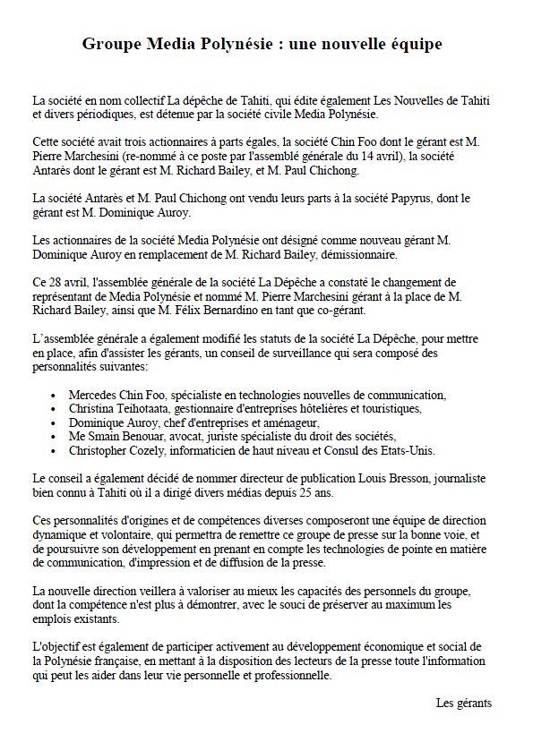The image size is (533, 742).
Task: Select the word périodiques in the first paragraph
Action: [105, 115]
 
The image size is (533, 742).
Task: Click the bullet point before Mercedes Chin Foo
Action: [56, 395]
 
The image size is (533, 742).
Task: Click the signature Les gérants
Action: [464, 703]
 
